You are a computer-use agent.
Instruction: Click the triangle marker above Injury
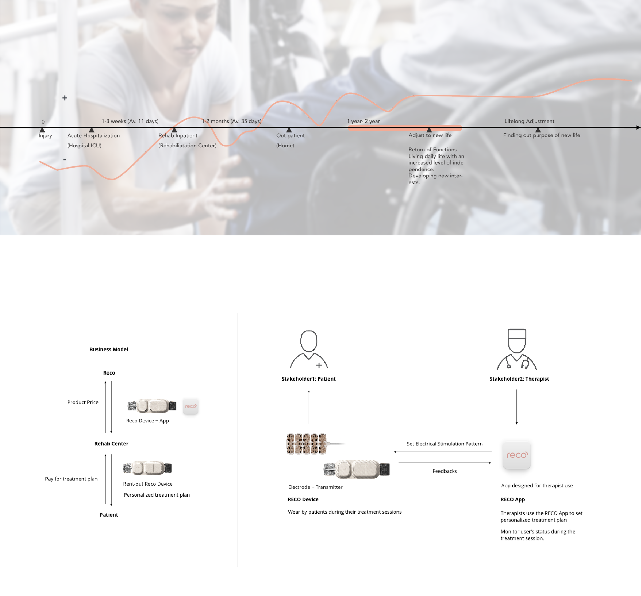point(42,130)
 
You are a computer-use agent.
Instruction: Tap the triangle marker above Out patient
point(289,130)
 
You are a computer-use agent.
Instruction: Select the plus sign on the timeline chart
point(65,98)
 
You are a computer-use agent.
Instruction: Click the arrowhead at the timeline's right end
point(638,127)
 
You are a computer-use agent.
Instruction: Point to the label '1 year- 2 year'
point(363,121)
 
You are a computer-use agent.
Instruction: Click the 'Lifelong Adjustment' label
point(529,121)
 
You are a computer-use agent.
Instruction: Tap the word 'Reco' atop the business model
point(109,373)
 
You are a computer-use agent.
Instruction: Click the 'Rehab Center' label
point(111,444)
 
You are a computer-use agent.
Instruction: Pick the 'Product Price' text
point(83,402)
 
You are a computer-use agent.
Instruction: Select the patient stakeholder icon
point(309,349)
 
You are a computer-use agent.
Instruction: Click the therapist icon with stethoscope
point(517,349)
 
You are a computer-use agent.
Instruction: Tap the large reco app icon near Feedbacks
point(517,455)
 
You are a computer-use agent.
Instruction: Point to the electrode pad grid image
point(307,444)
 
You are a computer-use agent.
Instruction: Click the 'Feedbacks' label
point(445,471)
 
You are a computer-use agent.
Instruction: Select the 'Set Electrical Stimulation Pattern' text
point(445,444)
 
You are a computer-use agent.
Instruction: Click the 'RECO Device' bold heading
point(303,499)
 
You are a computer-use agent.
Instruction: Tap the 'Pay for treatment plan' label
point(71,479)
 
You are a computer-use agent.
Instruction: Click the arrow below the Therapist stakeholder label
point(517,407)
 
